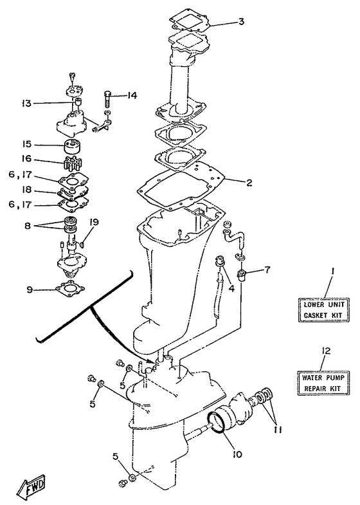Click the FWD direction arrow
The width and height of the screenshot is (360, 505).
[x=32, y=484]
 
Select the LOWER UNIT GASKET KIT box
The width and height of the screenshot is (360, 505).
[x=323, y=309]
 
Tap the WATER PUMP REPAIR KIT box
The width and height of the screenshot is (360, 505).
[x=323, y=383]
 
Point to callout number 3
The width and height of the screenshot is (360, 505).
[x=240, y=22]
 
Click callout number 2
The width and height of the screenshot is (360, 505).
[x=249, y=183]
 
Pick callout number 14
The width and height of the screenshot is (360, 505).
[x=132, y=95]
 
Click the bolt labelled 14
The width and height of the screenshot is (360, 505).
[x=107, y=100]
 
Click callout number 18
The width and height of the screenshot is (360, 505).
[x=27, y=190]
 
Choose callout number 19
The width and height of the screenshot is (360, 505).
[x=94, y=222]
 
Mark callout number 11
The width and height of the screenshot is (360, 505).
[x=278, y=430]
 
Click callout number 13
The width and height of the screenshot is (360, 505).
[x=27, y=104]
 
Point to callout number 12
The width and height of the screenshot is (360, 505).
[x=326, y=351]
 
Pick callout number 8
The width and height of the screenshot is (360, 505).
[x=28, y=226]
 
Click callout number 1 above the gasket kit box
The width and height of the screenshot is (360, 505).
[x=332, y=271]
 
